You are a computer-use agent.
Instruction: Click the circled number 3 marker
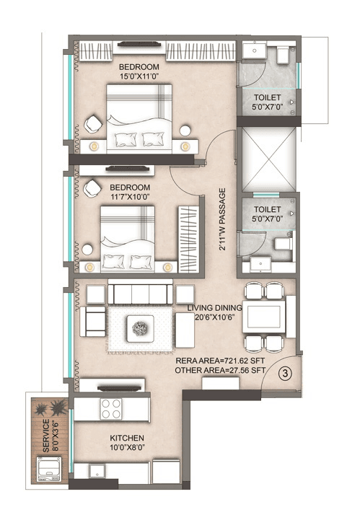285,374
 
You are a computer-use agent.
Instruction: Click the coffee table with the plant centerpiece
141,331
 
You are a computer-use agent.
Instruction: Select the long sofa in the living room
141,294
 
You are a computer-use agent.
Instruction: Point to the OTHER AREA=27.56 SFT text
221,371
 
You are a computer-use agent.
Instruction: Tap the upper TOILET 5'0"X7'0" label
266,101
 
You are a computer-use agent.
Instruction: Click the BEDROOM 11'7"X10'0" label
130,190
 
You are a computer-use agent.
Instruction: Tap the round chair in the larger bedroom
93,123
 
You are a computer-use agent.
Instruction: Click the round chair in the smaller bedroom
93,189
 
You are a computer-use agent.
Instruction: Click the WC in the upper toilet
281,55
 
